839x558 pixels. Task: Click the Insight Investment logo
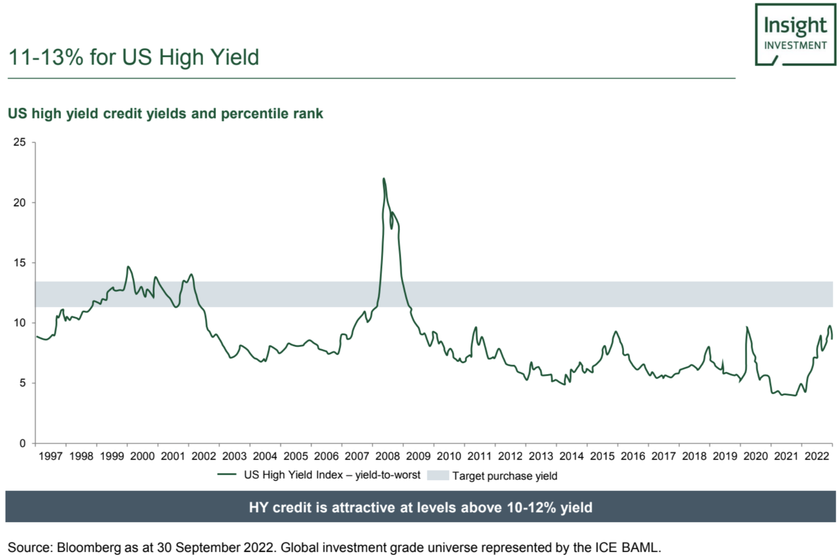coord(795,34)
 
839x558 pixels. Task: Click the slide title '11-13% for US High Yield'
coord(134,57)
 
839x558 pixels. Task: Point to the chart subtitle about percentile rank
coord(165,113)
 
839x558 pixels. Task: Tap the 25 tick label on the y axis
coord(19,142)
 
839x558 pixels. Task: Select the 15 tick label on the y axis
coord(19,263)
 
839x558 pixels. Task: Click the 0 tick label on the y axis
coord(22,443)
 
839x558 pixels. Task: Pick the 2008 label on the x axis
coord(387,456)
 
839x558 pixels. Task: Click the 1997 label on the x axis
coord(50,456)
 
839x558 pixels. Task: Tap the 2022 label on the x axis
coord(817,456)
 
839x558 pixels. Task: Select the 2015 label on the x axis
coord(602,456)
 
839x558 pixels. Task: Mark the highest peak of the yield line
coord(384,179)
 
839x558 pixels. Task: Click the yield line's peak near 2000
coord(128,267)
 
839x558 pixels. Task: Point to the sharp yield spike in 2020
coord(747,328)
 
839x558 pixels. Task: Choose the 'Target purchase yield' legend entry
coord(504,476)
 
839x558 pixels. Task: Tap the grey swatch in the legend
coord(438,475)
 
